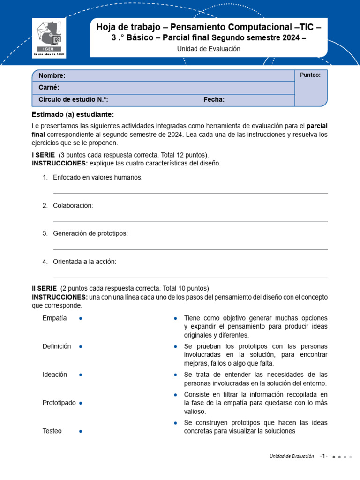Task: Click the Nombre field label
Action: tap(52, 76)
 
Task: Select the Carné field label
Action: tap(49, 88)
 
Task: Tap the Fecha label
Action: tap(214, 99)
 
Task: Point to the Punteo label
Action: tap(310, 75)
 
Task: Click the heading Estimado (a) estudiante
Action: tap(73, 114)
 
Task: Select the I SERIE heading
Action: tap(43, 155)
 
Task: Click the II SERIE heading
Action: tap(44, 288)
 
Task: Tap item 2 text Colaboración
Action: tap(73, 205)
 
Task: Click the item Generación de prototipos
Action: tap(90, 233)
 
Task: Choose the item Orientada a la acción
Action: tap(84, 262)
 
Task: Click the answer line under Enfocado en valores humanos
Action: tap(190, 193)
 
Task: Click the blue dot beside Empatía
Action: tap(81, 318)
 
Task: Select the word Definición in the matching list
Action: tap(57, 346)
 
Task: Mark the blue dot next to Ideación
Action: tap(81, 375)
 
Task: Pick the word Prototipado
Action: tap(59, 403)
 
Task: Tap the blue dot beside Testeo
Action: tap(81, 431)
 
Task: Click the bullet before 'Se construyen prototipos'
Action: tap(175, 423)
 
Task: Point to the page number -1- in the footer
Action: tap(324, 456)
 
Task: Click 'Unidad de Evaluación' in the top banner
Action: tap(209, 49)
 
